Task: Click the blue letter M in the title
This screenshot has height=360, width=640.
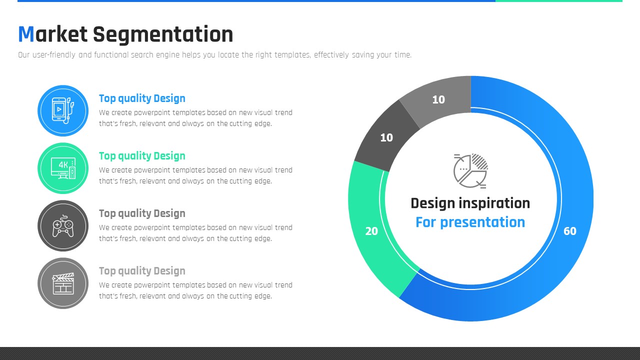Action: tap(26, 34)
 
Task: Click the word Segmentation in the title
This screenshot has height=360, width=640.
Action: tap(163, 35)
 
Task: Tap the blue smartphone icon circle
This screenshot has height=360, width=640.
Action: tap(63, 110)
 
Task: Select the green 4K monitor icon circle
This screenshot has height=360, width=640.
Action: tap(63, 168)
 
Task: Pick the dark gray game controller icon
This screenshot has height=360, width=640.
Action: tap(63, 225)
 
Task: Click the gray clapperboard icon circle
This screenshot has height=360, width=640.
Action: tap(63, 283)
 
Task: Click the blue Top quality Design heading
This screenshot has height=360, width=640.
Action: tap(142, 98)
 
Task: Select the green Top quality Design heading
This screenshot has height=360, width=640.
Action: tap(142, 156)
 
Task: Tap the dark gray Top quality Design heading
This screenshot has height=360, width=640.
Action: tap(142, 213)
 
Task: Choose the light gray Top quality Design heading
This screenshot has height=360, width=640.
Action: tap(142, 271)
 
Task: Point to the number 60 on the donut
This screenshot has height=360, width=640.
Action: tap(569, 231)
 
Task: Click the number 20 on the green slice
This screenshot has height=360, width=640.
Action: tap(371, 231)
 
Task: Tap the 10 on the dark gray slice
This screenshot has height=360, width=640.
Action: tap(386, 137)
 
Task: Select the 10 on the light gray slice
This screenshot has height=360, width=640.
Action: tap(438, 99)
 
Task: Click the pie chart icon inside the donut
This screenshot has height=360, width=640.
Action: tap(470, 171)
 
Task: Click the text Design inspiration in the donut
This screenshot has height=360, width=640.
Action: tap(470, 203)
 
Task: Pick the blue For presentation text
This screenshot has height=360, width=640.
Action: tap(470, 222)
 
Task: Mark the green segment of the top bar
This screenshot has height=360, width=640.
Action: tap(559, 1)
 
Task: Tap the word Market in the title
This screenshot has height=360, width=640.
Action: tap(53, 34)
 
